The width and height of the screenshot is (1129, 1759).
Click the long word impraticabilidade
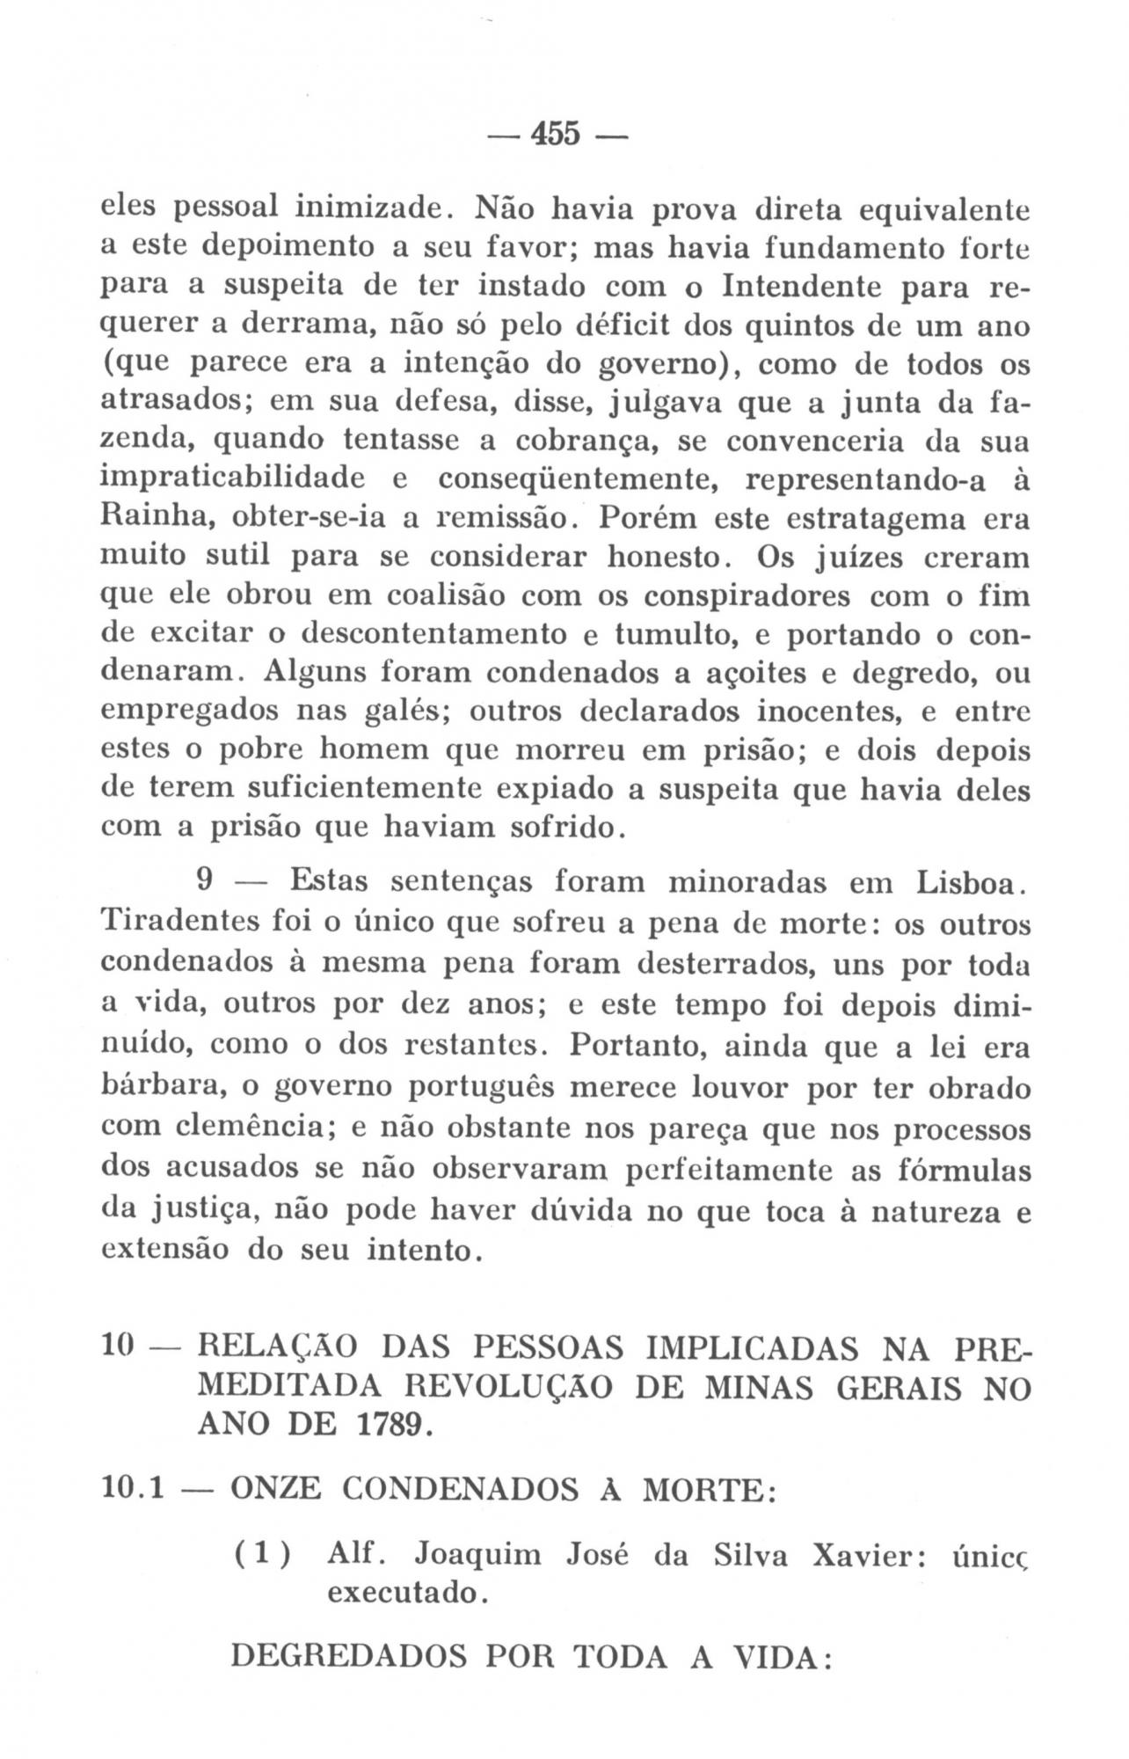[233, 479]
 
